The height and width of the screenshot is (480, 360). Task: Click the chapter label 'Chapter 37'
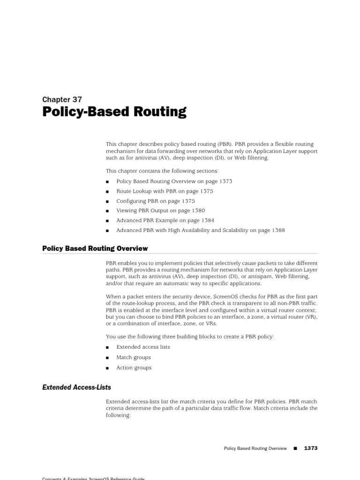[x=62, y=99]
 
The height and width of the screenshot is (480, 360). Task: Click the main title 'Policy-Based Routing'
[x=114, y=112]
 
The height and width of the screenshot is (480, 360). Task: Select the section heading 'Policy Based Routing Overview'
[x=95, y=248]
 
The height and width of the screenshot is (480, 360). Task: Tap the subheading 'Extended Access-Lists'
[x=76, y=387]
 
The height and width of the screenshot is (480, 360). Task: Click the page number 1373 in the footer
[x=310, y=448]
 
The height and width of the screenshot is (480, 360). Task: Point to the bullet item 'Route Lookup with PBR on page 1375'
[x=165, y=191]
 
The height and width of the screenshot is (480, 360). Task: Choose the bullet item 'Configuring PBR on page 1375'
[x=155, y=201]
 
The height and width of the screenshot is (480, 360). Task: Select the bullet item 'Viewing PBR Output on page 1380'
[x=160, y=211]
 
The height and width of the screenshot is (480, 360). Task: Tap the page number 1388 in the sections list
[x=277, y=230]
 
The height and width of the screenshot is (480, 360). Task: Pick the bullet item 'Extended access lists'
[x=143, y=347]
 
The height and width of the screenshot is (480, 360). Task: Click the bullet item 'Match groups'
[x=133, y=357]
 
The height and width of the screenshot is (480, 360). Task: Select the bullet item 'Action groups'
[x=134, y=367]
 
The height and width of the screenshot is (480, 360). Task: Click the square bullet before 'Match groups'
[x=107, y=358]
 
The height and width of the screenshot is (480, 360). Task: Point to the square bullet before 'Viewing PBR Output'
[x=107, y=211]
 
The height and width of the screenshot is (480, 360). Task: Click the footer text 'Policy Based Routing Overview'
[x=255, y=449]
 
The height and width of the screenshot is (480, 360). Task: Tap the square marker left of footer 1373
[x=295, y=449]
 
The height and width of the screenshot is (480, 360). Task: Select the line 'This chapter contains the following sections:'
[x=162, y=171]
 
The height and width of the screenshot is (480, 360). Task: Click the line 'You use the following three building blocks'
[x=190, y=337]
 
